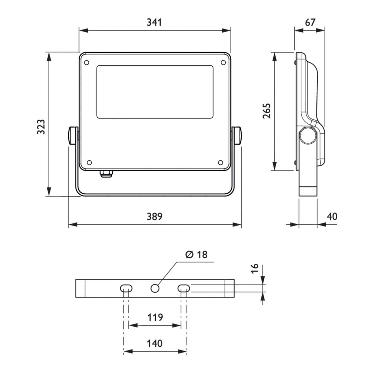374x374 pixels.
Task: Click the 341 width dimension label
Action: (x=154, y=22)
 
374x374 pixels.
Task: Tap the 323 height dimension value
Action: (x=41, y=127)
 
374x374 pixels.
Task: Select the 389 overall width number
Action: (x=155, y=216)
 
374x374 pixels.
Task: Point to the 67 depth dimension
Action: (x=310, y=22)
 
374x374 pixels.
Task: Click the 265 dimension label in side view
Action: (x=266, y=111)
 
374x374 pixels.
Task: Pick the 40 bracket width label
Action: (x=332, y=216)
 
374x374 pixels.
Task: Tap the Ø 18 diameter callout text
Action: (x=196, y=254)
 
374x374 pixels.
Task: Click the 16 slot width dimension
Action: (x=255, y=268)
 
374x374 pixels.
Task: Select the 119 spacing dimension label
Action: (x=155, y=318)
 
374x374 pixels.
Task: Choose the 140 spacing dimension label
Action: (x=155, y=343)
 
